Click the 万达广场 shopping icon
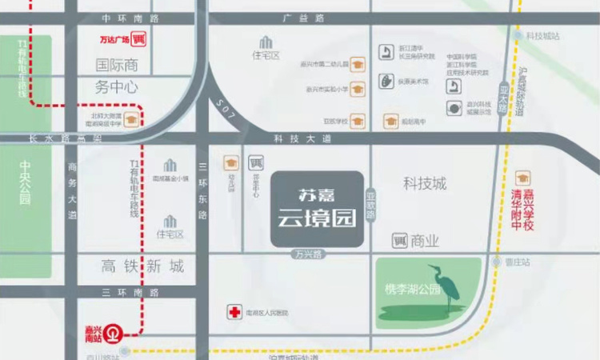pyautogui.click(x=138, y=38)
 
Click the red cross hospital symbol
pyautogui.click(x=235, y=312)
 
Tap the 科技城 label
pyautogui.click(x=426, y=184)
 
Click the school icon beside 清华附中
pyautogui.click(x=524, y=177)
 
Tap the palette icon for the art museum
pyautogui.click(x=387, y=82)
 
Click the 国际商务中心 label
pyautogui.click(x=117, y=76)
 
